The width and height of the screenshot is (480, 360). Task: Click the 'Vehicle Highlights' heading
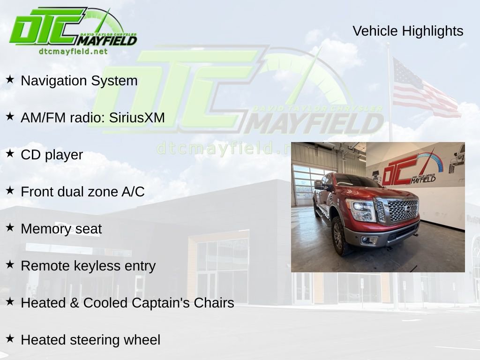click(408, 31)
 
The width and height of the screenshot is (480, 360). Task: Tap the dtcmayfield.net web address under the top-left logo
click(73, 51)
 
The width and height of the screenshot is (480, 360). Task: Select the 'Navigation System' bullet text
click(79, 81)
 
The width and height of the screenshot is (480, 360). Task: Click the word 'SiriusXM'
click(137, 118)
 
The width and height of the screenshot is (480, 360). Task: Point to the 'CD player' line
click(52, 155)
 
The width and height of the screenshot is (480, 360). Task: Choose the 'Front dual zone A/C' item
click(82, 192)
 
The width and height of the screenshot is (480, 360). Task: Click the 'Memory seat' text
click(61, 229)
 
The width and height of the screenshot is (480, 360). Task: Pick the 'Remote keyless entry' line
click(88, 266)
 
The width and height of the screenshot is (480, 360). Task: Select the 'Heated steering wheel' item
click(90, 340)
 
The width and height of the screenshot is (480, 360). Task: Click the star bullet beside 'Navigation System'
click(10, 79)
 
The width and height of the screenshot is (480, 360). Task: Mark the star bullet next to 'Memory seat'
click(10, 227)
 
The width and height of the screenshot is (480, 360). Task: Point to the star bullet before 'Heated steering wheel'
click(10, 338)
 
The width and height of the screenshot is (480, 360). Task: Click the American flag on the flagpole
click(424, 89)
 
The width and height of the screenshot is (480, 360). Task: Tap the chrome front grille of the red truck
click(402, 210)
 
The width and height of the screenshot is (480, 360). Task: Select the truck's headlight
click(361, 210)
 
